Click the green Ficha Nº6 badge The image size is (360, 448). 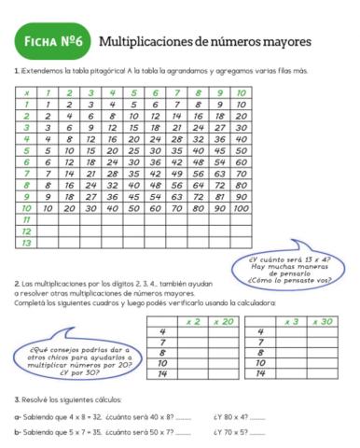51,41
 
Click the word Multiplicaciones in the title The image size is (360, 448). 145,41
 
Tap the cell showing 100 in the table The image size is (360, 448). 241,208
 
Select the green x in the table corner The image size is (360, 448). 27,92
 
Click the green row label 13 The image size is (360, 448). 27,243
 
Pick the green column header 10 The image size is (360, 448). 241,92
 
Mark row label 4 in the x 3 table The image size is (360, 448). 261,332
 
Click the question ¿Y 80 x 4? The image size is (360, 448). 229,416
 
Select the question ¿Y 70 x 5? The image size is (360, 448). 229,432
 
